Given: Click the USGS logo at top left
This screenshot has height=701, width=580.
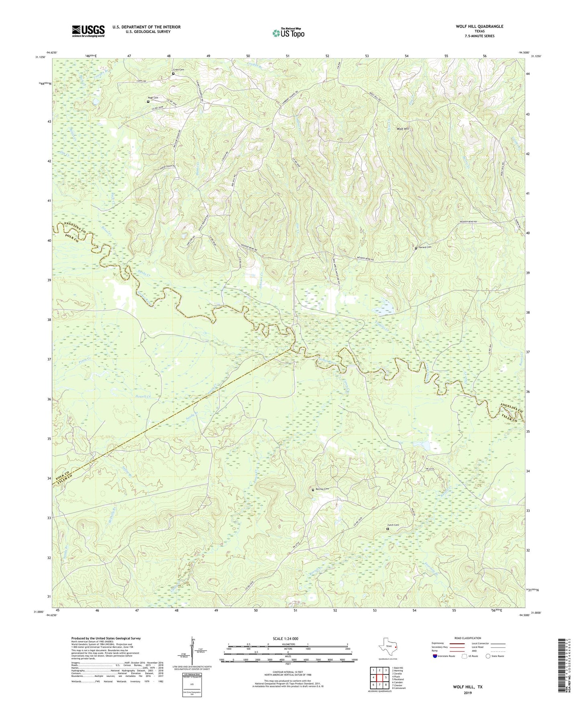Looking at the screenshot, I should (x=88, y=31).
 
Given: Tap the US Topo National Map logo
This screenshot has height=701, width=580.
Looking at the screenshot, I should (x=288, y=33).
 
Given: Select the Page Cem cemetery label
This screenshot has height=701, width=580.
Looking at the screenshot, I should (x=153, y=98).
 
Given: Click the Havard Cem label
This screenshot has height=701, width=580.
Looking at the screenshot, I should (x=425, y=247).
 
